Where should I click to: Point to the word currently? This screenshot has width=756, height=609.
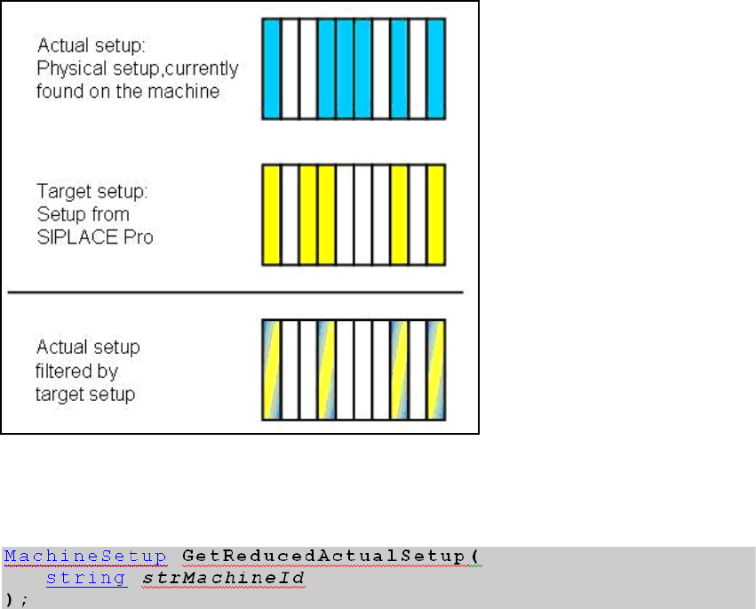pos(204,68)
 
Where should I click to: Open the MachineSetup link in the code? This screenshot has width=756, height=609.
pos(84,557)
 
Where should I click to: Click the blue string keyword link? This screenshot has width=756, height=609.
pos(85,578)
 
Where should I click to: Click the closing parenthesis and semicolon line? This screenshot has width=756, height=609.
pos(12,597)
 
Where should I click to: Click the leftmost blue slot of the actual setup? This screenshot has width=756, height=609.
pos(271,68)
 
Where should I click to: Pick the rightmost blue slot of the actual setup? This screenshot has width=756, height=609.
pos(435,68)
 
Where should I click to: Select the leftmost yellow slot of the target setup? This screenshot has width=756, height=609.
pos(271,214)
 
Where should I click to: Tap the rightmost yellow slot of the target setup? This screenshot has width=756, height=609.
pos(435,214)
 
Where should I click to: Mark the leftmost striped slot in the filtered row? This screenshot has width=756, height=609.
pos(271,369)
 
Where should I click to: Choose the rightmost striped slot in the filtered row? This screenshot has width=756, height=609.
pos(435,369)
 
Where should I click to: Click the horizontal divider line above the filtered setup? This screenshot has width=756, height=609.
pos(235,292)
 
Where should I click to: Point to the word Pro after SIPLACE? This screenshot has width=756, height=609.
pos(133,237)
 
